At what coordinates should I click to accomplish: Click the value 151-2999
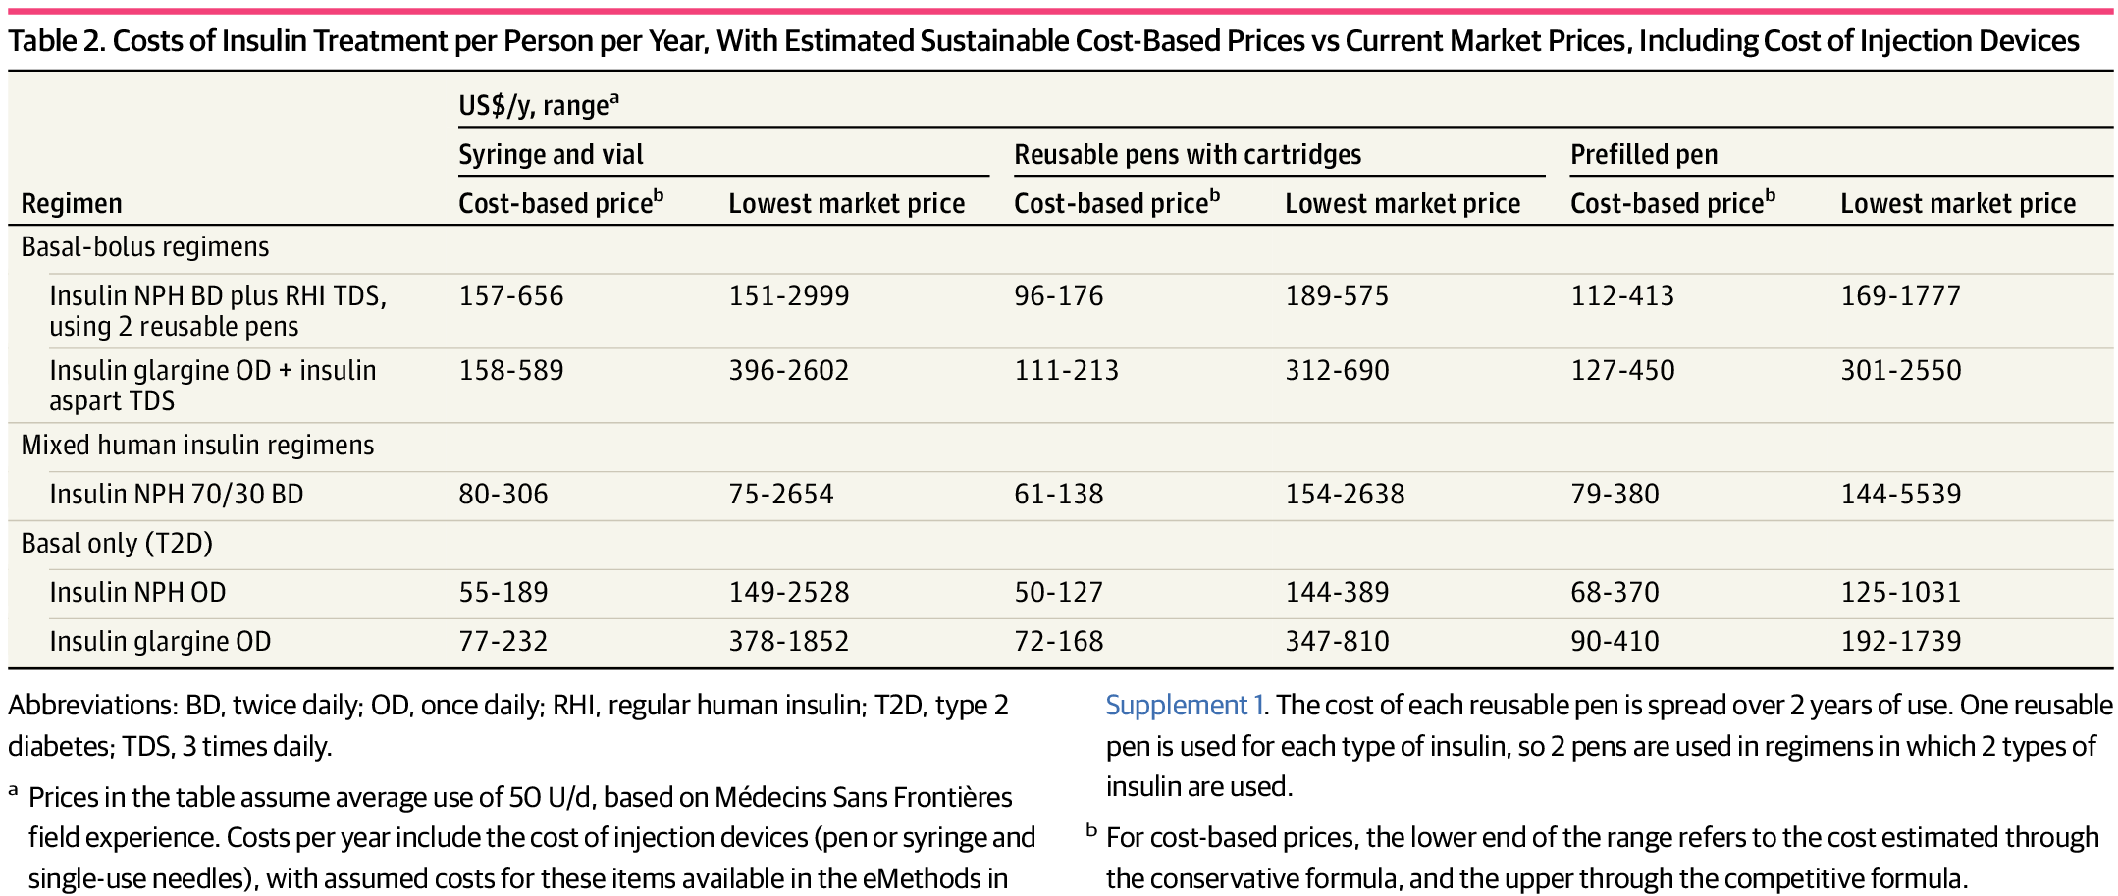(x=788, y=295)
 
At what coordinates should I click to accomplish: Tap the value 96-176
(x=1058, y=295)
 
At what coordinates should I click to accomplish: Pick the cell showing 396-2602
(x=788, y=370)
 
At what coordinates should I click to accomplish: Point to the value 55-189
(x=503, y=592)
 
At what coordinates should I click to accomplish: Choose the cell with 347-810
(x=1337, y=641)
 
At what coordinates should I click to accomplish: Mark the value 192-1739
(x=1900, y=641)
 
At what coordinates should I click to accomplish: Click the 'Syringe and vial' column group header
(x=551, y=155)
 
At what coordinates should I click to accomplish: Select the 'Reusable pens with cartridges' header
(x=1188, y=155)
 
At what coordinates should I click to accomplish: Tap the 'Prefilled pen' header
(x=1644, y=155)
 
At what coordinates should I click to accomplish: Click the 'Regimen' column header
(x=72, y=204)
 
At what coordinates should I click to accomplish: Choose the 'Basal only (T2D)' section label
(x=117, y=543)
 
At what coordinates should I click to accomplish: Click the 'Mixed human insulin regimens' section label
(x=197, y=445)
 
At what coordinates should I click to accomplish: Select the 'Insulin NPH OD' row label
(x=137, y=592)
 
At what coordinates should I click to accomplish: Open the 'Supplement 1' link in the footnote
(x=1184, y=705)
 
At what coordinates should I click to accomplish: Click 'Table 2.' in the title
(x=56, y=41)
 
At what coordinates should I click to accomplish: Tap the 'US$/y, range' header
(x=539, y=104)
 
